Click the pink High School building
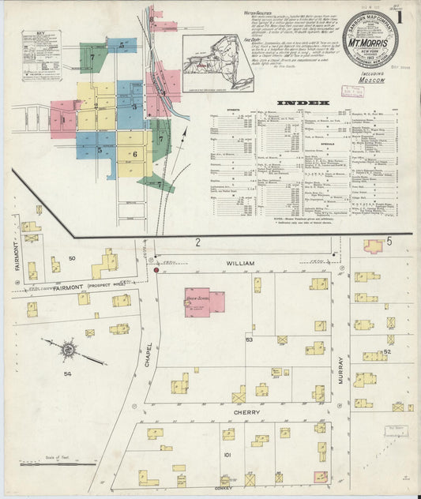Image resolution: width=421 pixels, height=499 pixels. [x=204, y=302]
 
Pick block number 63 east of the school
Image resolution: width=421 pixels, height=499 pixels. [x=249, y=340]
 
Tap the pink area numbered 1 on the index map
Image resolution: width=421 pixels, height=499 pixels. [x=62, y=121]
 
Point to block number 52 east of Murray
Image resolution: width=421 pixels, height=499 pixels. [x=386, y=352]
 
